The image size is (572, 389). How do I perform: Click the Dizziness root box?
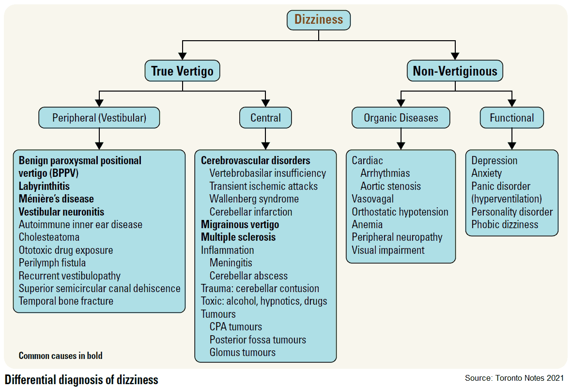click(x=318, y=20)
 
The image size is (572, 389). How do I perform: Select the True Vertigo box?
click(x=182, y=71)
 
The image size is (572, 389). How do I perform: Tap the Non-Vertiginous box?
click(x=455, y=71)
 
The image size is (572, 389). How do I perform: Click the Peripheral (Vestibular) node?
click(x=99, y=118)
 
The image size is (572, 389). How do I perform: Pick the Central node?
click(x=265, y=118)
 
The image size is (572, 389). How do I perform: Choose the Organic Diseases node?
click(x=401, y=118)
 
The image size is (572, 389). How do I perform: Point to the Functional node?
click(x=511, y=118)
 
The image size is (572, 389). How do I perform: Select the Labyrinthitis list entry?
click(x=44, y=186)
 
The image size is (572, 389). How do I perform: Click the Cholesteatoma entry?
click(x=49, y=237)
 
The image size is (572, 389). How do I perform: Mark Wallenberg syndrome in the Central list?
click(x=254, y=199)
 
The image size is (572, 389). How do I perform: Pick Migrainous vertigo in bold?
click(x=240, y=225)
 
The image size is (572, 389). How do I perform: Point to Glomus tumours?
click(x=242, y=353)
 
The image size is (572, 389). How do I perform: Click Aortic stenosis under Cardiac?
click(x=390, y=186)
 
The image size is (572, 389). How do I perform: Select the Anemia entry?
click(x=367, y=225)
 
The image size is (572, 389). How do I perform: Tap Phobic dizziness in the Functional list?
click(x=505, y=225)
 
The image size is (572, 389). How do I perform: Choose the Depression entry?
click(x=494, y=161)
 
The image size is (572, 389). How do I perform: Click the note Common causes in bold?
click(x=61, y=356)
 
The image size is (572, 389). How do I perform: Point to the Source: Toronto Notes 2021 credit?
click(x=514, y=378)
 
